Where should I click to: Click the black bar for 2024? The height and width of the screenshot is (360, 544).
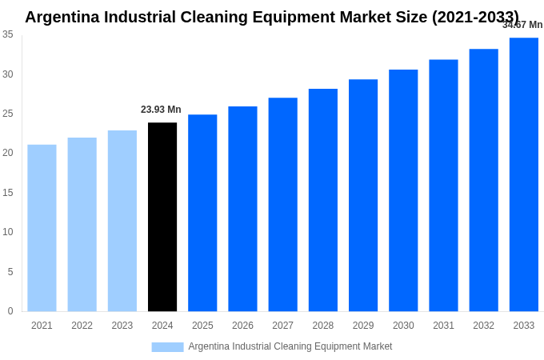tap(162, 217)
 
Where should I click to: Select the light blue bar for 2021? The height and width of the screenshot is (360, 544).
tap(42, 228)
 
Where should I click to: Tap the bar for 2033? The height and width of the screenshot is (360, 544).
tap(524, 174)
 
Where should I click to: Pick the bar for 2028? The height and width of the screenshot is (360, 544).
tap(323, 200)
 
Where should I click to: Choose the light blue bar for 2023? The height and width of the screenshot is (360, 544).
tap(122, 221)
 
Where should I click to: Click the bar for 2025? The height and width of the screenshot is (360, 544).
tap(202, 213)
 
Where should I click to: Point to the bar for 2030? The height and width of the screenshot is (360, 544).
tap(403, 190)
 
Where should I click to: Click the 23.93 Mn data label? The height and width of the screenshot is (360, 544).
tap(161, 110)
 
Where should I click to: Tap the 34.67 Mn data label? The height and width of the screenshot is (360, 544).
tap(522, 25)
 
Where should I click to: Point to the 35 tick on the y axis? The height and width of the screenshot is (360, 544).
tap(8, 34)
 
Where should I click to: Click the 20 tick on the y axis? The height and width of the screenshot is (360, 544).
tap(8, 153)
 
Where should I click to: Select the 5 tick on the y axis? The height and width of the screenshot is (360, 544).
tap(10, 272)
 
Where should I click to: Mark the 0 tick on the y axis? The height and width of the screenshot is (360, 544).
tap(10, 311)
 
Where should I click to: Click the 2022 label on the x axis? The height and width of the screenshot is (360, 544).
tap(82, 326)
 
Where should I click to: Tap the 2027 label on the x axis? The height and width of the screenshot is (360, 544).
tap(282, 326)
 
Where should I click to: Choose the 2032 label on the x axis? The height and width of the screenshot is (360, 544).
tap(483, 326)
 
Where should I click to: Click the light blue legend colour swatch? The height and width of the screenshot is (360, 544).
tap(167, 347)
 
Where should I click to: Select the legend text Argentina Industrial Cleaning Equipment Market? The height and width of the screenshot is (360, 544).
tap(290, 346)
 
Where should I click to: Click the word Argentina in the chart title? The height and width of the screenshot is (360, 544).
tap(66, 17)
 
